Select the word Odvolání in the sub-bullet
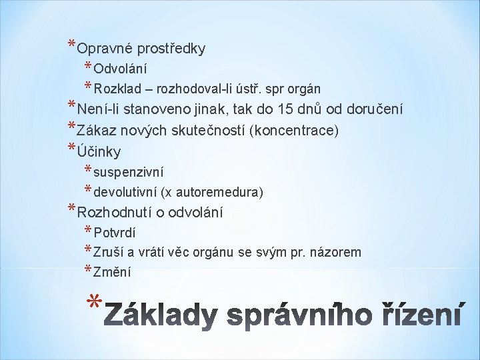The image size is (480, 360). (x=121, y=69)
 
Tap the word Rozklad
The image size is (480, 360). (x=116, y=89)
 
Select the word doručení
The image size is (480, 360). (x=374, y=109)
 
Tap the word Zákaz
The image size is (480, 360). (x=99, y=130)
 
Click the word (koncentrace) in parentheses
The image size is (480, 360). (x=294, y=130)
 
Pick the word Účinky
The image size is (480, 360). (x=99, y=151)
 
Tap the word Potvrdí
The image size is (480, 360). (x=115, y=233)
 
